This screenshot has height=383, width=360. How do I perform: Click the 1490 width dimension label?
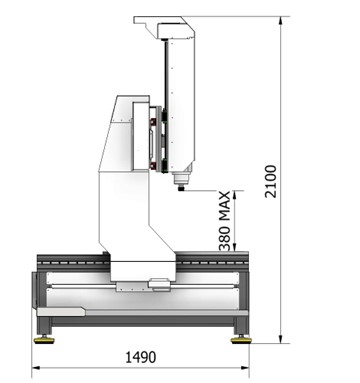(x=140, y=357)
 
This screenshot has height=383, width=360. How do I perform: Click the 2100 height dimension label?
(x=270, y=181)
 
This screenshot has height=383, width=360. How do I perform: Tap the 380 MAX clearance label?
(x=225, y=221)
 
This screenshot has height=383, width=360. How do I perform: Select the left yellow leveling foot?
(x=44, y=340)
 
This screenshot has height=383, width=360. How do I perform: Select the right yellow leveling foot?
(x=241, y=340)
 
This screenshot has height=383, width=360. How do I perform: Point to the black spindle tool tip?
(x=181, y=189)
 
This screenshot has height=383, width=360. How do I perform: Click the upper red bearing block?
(x=153, y=122)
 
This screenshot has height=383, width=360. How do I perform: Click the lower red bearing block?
(x=153, y=165)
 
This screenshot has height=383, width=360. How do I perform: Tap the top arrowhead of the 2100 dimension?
(x=281, y=20)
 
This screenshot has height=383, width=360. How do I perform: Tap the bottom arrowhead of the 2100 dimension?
(x=281, y=339)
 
